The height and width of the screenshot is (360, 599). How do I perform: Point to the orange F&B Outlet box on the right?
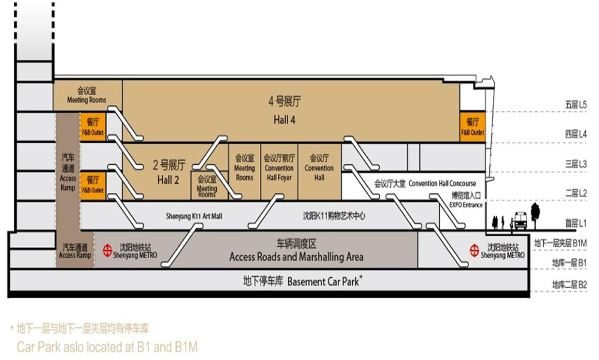[472, 126]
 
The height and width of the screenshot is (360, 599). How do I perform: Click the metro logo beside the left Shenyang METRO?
[108, 249]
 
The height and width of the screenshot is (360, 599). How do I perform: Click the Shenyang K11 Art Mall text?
[194, 216]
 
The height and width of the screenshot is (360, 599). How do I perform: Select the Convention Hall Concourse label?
[425, 183]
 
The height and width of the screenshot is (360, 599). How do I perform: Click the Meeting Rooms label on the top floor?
[87, 96]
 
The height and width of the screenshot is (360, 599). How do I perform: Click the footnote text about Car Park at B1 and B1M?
[107, 346]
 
